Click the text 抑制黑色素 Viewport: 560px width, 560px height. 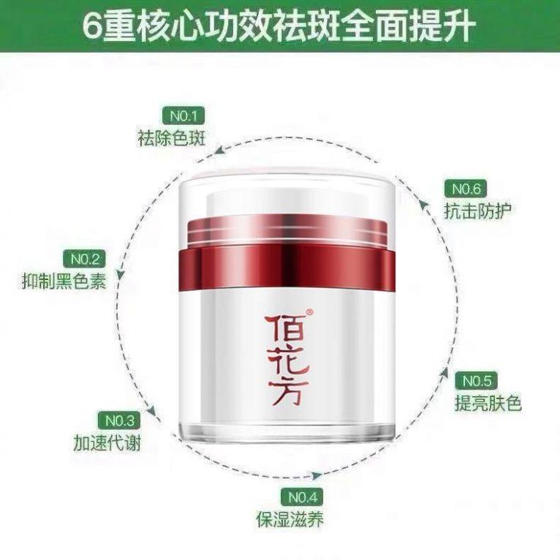pos(64,281)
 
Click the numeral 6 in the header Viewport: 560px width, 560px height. pos(94,27)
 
